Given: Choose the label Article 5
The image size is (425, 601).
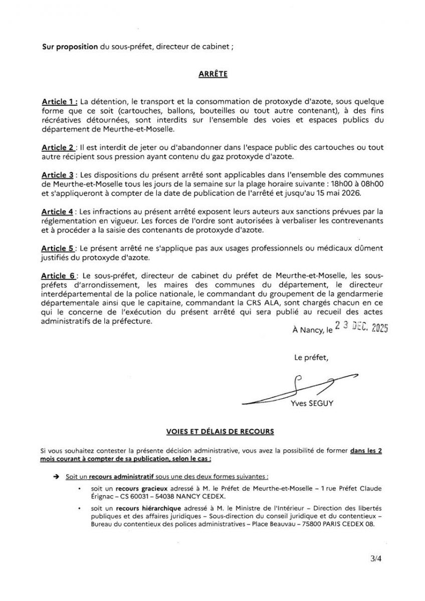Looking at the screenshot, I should (x=58, y=248).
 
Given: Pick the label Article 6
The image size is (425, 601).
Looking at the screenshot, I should (x=58, y=275).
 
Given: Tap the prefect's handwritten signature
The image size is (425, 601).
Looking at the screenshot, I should (x=301, y=388).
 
